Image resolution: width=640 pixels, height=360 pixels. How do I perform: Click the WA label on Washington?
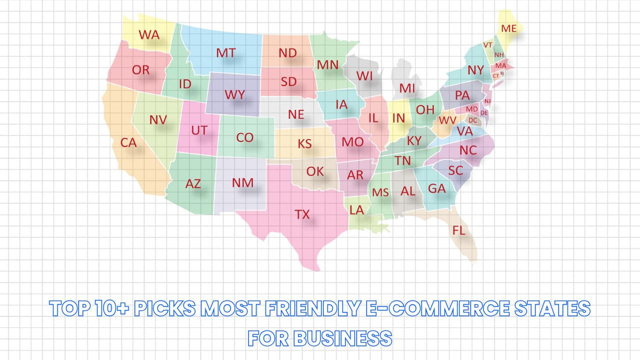tap(149, 34)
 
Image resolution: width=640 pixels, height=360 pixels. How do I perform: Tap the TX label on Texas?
tap(302, 214)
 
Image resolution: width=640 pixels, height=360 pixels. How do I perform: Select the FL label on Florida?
tap(458, 230)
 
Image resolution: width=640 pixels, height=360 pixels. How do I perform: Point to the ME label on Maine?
tap(509, 28)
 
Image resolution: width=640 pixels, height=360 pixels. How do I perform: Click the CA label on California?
tap(128, 142)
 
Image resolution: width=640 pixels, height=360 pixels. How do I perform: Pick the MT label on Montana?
tap(226, 53)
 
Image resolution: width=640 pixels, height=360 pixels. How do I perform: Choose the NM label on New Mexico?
tap(243, 183)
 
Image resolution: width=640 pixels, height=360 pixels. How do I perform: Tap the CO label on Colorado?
tap(245, 138)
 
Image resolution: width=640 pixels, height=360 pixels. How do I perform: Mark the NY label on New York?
tap(475, 70)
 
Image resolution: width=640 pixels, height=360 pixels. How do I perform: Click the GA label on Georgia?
tap(436, 188)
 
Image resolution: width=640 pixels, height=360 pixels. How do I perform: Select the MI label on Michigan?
tap(407, 88)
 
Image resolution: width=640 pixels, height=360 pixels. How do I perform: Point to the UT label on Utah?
tap(199, 130)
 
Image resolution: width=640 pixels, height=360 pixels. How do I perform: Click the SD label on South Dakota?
tap(289, 81)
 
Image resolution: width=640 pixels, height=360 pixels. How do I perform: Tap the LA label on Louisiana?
tap(357, 210)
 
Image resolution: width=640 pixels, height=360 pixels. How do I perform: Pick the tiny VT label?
tap(488, 45)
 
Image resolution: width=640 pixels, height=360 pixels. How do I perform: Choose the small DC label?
tap(472, 120)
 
